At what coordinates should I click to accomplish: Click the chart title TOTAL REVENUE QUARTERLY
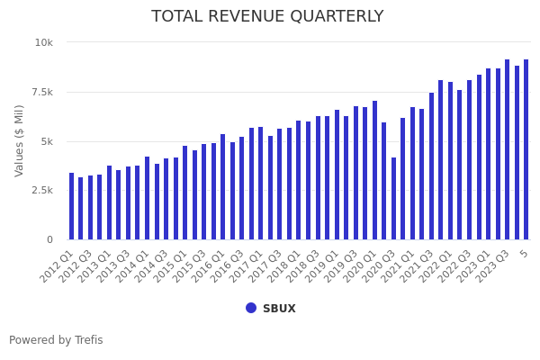267,17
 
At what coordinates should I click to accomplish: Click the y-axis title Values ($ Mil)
20,140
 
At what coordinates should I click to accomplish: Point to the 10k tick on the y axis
44,42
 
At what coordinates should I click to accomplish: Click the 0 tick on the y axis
49,240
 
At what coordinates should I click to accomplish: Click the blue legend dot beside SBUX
251,308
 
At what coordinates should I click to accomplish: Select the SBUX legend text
279,309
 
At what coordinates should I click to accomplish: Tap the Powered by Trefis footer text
56,340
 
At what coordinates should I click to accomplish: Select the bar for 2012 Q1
71,206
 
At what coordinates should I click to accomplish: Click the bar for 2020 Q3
393,199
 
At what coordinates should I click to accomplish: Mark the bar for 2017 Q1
261,184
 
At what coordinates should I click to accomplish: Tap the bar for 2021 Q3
431,166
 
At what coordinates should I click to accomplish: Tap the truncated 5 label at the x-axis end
524,255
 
